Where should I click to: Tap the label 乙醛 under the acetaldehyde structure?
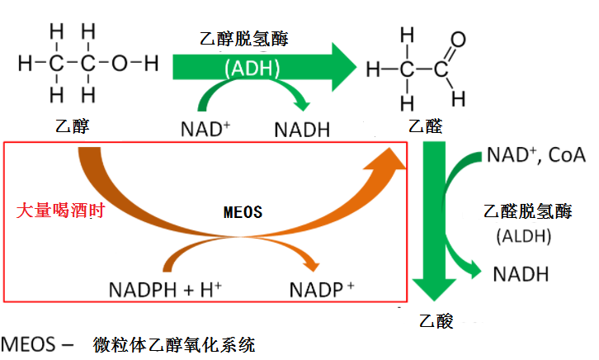click(426, 126)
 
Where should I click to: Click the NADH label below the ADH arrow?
click(302, 129)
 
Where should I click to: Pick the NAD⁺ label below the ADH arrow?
click(205, 129)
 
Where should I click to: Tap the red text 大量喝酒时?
click(54, 210)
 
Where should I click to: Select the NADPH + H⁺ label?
click(163, 290)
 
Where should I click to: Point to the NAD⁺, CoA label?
click(535, 154)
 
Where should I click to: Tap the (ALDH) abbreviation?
click(522, 237)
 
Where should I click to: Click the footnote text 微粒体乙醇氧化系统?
click(175, 343)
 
